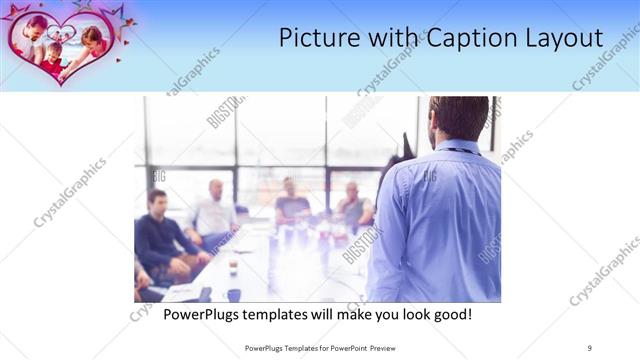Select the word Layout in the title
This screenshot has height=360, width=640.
[x=560, y=39]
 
